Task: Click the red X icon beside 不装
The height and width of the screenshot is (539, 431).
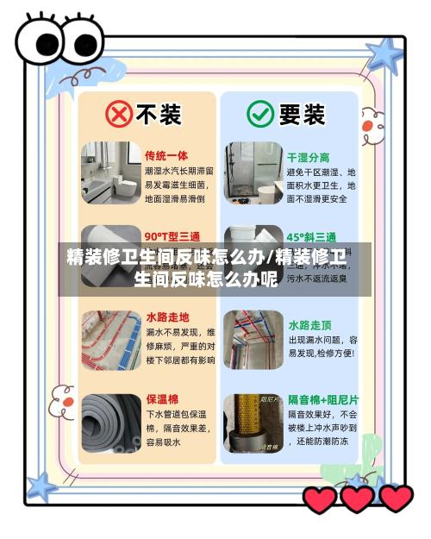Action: [119, 113]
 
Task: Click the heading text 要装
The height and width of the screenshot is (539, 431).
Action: [302, 113]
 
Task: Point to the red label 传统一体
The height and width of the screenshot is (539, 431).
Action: [166, 156]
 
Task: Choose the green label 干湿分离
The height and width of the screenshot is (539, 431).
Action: [309, 157]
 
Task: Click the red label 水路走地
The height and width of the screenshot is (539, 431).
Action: [168, 317]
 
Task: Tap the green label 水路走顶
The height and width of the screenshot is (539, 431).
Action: [309, 324]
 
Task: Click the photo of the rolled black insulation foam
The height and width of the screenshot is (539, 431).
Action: [109, 422]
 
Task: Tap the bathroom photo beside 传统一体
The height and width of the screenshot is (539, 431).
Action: [109, 172]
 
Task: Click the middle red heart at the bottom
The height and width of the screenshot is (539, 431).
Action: [357, 498]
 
